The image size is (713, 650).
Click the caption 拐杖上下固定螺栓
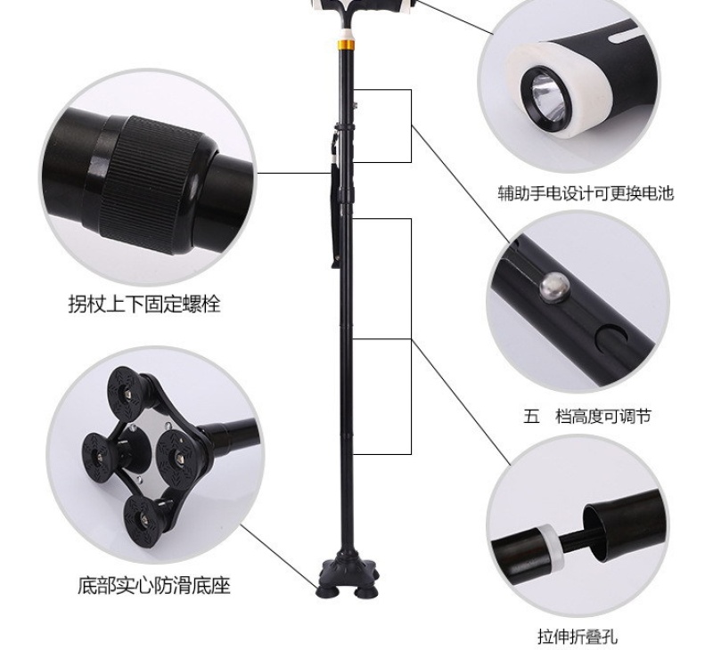pyautogui.click(x=144, y=304)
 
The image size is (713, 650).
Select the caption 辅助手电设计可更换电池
pyautogui.click(x=586, y=193)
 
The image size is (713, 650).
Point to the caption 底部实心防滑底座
pyautogui.click(x=153, y=586)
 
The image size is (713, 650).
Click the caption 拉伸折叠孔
pyautogui.click(x=578, y=637)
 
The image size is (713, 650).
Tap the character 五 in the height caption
pyautogui.click(x=531, y=416)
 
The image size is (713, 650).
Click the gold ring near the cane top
pyautogui.click(x=345, y=45)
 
